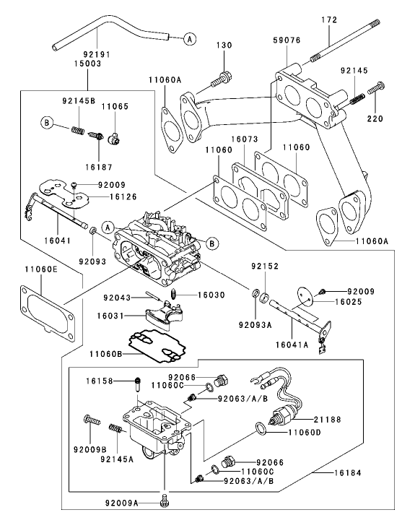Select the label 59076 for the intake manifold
coord(287,42)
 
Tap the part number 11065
coord(113,106)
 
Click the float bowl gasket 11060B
coord(152,343)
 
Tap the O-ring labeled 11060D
coord(261,432)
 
